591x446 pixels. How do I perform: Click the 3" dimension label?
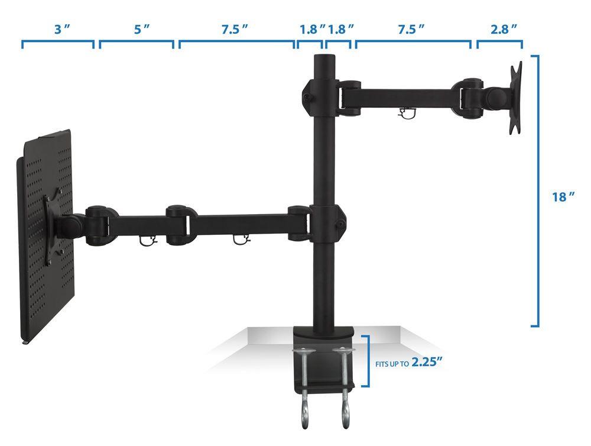(57, 30)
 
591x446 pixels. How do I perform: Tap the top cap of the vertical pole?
(324, 56)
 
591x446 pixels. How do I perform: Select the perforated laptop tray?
(44, 237)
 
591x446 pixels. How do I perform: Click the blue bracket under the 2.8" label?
(499, 44)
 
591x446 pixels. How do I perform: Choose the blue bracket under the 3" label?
(57, 44)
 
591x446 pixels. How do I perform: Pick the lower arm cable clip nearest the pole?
(240, 238)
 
